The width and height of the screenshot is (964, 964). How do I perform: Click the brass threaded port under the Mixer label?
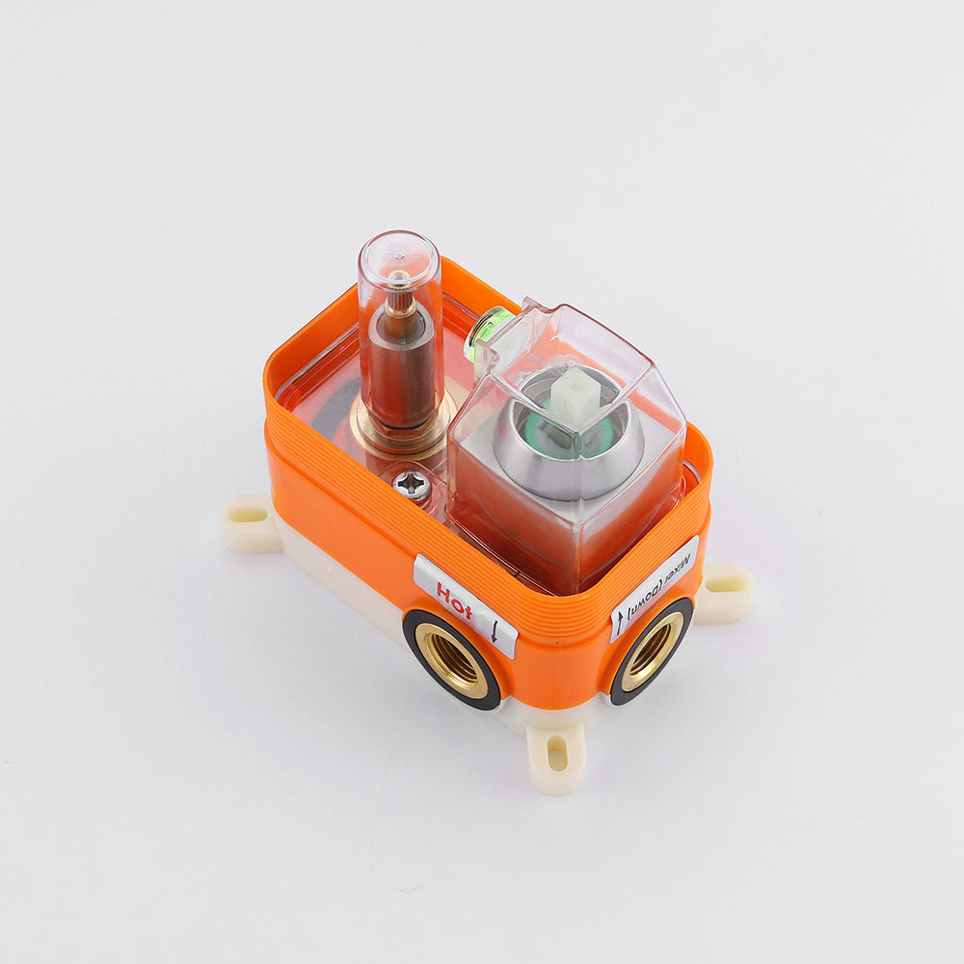click(651, 652)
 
